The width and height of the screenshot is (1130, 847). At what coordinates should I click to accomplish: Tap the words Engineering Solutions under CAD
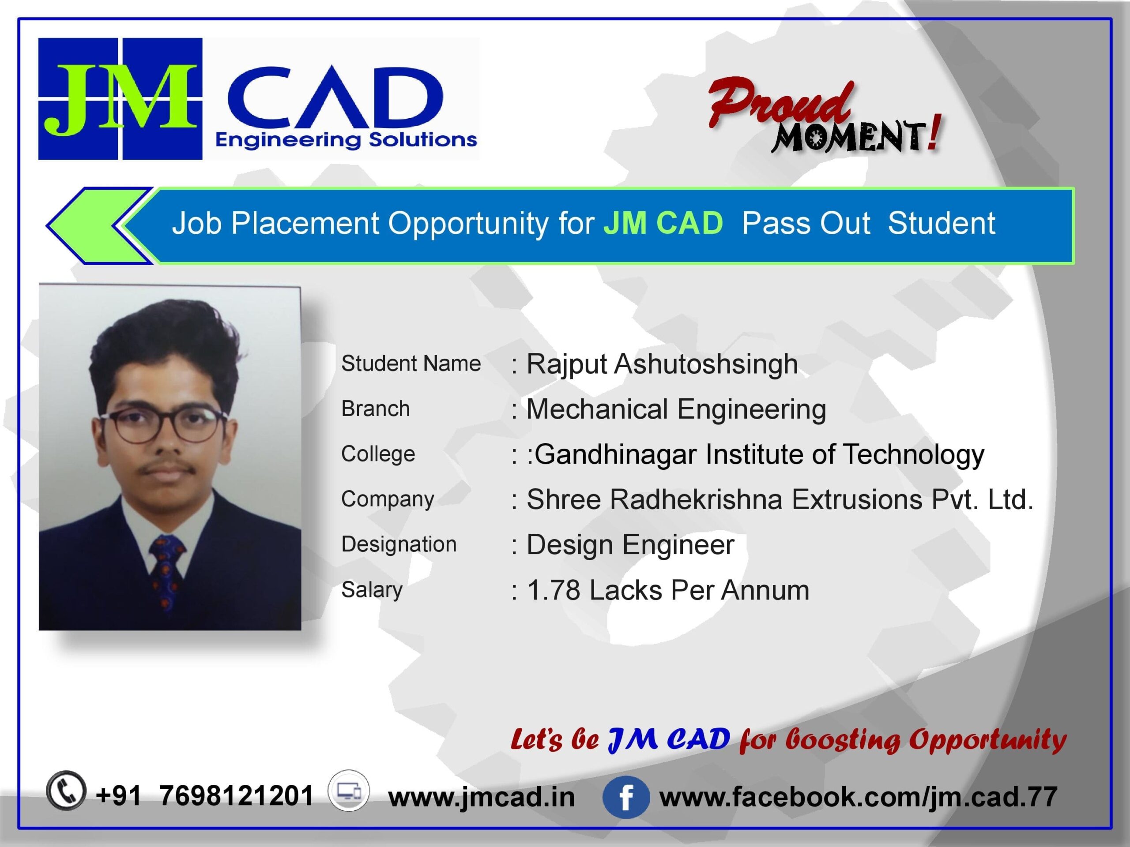[x=347, y=140]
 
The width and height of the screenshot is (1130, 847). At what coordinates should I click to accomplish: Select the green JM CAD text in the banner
[x=663, y=223]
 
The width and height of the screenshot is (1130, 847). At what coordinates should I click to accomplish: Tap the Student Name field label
[x=411, y=364]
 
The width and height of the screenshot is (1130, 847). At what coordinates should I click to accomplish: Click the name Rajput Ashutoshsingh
[x=662, y=364]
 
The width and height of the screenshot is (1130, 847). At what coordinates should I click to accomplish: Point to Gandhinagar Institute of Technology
[x=760, y=455]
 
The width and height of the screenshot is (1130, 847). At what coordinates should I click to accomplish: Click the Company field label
[x=387, y=499]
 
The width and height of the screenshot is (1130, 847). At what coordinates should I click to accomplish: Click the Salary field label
[x=371, y=590]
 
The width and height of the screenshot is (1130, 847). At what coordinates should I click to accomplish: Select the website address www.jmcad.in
[x=481, y=798]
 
